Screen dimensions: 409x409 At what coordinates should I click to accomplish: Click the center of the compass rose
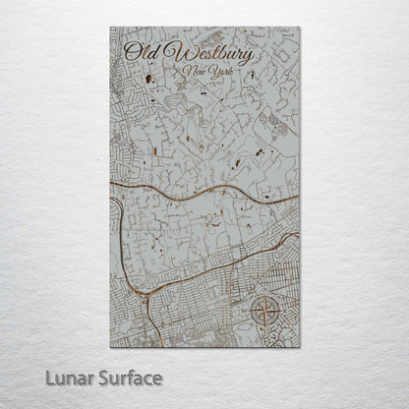click(x=264, y=311)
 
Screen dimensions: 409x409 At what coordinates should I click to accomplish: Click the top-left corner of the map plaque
click(x=110, y=27)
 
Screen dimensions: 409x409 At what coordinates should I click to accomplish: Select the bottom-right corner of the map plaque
click(x=300, y=347)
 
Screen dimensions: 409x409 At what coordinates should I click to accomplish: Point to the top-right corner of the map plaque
click(x=300, y=27)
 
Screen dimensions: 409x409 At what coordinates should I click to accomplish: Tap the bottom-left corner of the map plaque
click(x=110, y=347)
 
